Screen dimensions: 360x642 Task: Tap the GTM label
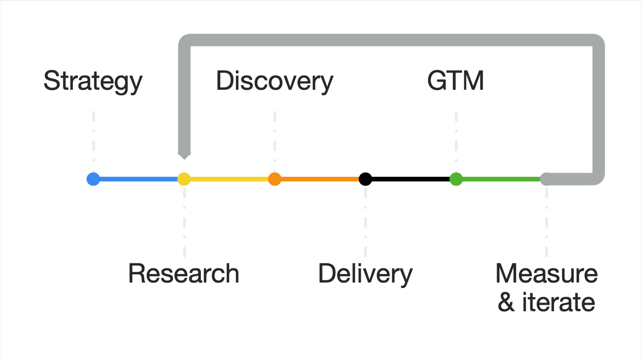point(456,82)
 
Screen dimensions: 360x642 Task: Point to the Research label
point(184,274)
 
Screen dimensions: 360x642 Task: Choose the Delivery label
point(365,274)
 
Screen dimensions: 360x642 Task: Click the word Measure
point(546,274)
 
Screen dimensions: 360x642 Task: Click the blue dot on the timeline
point(93,179)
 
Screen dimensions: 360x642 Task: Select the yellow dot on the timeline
point(184,179)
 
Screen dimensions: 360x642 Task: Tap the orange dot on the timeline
point(274,179)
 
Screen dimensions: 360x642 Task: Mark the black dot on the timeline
point(365,179)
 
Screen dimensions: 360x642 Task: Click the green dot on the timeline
point(456,179)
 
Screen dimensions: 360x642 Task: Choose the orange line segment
point(319,179)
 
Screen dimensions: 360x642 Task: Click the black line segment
point(410,179)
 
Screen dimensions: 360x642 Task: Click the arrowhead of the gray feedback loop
point(184,155)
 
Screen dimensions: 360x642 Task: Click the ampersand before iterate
point(506,303)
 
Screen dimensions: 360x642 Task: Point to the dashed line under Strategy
point(93,137)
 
